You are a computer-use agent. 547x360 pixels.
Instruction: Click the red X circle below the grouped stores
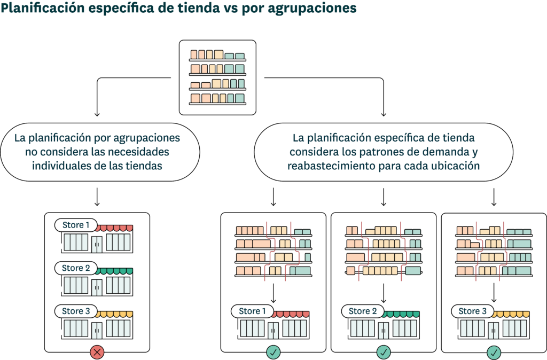(97, 352)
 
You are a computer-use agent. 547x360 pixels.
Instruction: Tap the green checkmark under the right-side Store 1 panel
(273, 352)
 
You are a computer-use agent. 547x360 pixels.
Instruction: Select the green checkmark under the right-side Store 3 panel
(494, 352)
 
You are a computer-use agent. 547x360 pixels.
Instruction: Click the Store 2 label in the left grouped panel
(76, 268)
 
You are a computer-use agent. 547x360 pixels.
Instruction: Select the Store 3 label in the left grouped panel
(76, 311)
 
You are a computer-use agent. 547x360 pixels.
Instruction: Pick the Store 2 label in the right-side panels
(363, 311)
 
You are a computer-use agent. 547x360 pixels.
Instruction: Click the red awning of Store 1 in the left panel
(114, 228)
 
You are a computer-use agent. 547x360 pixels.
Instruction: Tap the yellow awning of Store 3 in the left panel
(114, 314)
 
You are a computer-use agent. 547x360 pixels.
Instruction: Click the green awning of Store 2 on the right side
(401, 314)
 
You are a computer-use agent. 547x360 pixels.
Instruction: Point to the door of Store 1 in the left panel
(97, 244)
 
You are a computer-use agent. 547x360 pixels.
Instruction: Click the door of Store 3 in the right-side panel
(493, 330)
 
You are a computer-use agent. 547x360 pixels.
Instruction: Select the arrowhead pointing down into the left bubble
(97, 114)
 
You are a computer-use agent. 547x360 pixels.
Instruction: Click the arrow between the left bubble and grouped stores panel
(97, 197)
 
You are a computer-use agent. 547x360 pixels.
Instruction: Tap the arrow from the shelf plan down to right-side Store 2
(384, 293)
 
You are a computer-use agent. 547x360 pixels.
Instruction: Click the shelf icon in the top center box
(218, 77)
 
